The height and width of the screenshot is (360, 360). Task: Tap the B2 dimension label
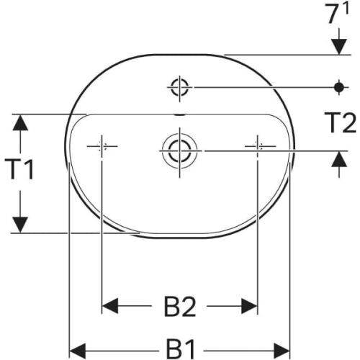180,307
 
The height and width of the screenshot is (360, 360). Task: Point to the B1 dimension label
180,351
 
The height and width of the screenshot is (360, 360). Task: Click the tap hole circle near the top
179,88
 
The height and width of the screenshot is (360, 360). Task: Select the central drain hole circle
178,150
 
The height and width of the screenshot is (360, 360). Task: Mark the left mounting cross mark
102,146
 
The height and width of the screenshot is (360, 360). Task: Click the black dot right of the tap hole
338,88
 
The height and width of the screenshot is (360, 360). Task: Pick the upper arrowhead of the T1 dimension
22,122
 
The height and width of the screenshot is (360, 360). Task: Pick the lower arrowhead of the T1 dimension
22,224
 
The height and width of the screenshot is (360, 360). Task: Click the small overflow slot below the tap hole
179,113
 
